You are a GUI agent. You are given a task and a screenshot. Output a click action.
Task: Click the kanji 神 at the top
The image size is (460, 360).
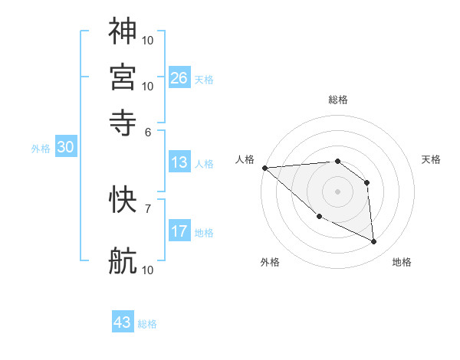123,31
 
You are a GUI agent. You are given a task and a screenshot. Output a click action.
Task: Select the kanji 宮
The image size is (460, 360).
123,76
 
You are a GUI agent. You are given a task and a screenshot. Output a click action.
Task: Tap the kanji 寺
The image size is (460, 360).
123,121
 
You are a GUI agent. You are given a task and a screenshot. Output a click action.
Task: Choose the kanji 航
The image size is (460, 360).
123,261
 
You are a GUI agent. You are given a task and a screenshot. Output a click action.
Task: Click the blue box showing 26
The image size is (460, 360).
179,78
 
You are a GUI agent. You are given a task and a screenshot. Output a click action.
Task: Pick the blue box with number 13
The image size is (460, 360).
179,162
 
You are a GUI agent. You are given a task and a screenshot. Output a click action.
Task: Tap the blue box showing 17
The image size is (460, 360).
179,231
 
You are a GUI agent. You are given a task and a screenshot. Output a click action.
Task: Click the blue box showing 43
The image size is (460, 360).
123,322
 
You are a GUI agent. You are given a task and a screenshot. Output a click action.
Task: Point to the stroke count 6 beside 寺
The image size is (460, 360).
148,131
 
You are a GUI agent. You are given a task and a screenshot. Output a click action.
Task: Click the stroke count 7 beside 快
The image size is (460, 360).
148,208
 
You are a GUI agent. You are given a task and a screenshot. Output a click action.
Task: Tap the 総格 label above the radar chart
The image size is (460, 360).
338,100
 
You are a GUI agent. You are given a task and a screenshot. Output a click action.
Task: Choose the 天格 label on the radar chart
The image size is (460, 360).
432,159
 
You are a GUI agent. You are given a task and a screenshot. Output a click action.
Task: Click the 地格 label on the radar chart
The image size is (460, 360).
402,262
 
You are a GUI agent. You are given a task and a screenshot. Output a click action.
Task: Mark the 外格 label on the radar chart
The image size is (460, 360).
270,262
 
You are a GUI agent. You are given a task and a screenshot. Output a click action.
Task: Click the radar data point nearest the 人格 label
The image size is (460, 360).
264,168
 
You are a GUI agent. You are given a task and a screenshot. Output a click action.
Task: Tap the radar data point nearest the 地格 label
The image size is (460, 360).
374,242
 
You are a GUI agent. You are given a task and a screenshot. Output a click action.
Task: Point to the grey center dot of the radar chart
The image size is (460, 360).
337,191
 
